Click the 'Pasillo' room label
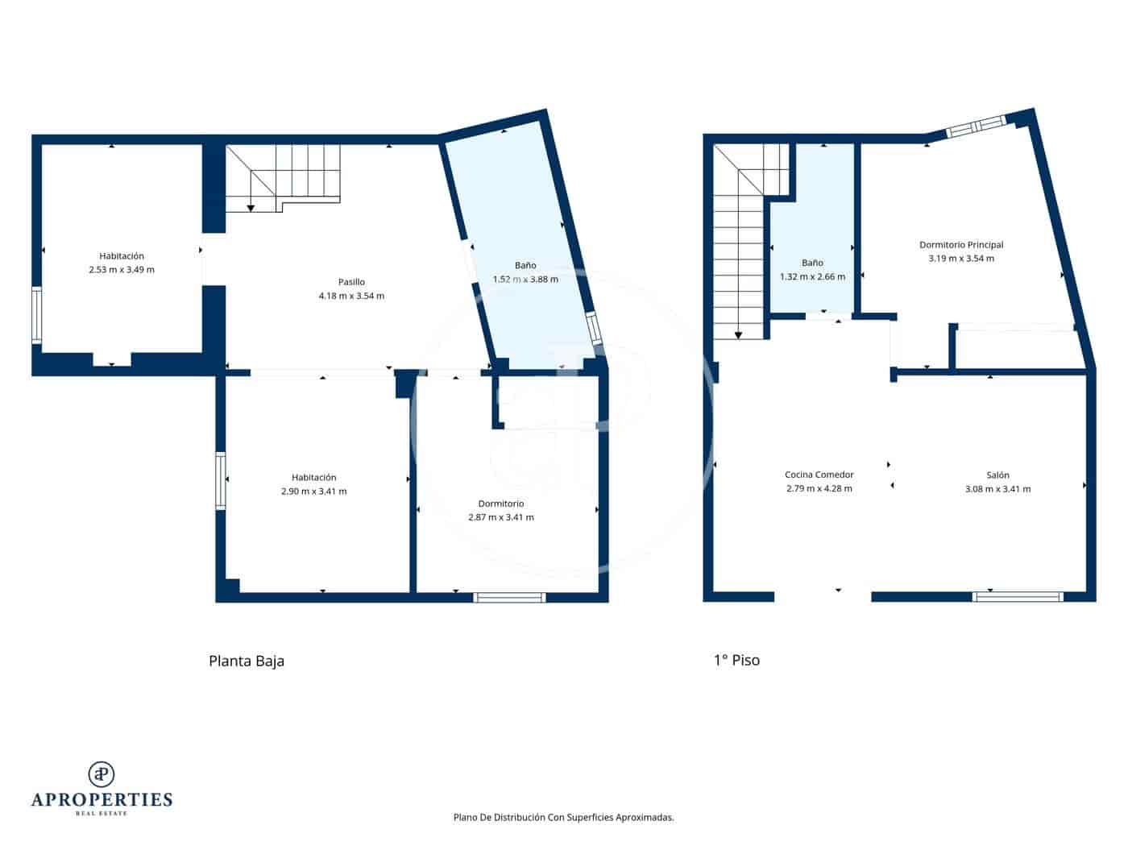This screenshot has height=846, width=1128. point(351,282)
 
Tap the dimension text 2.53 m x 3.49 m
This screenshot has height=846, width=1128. point(122,270)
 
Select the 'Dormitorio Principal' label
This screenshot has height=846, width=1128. point(961,245)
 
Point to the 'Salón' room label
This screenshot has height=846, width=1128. point(997,475)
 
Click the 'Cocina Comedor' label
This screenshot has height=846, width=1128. point(819,475)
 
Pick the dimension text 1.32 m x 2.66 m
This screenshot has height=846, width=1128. point(812,276)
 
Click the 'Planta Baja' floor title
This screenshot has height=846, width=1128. point(247,661)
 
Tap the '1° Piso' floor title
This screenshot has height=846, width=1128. point(736,660)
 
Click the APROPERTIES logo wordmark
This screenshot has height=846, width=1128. point(102,799)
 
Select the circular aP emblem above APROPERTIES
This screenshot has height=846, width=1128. point(102,773)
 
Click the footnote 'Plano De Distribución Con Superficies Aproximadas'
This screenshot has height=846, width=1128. point(563,817)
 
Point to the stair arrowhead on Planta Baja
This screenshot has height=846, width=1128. point(251,208)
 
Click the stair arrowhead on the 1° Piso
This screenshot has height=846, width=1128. point(738,334)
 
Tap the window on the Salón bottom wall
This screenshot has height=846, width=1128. point(1018,597)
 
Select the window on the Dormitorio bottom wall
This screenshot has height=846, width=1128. point(509,597)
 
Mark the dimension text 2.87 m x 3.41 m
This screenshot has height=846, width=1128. point(500,517)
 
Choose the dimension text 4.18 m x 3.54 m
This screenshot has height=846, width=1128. point(351,296)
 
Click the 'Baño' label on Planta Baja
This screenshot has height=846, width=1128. point(525,265)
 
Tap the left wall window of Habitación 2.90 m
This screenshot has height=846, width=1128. point(220,481)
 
